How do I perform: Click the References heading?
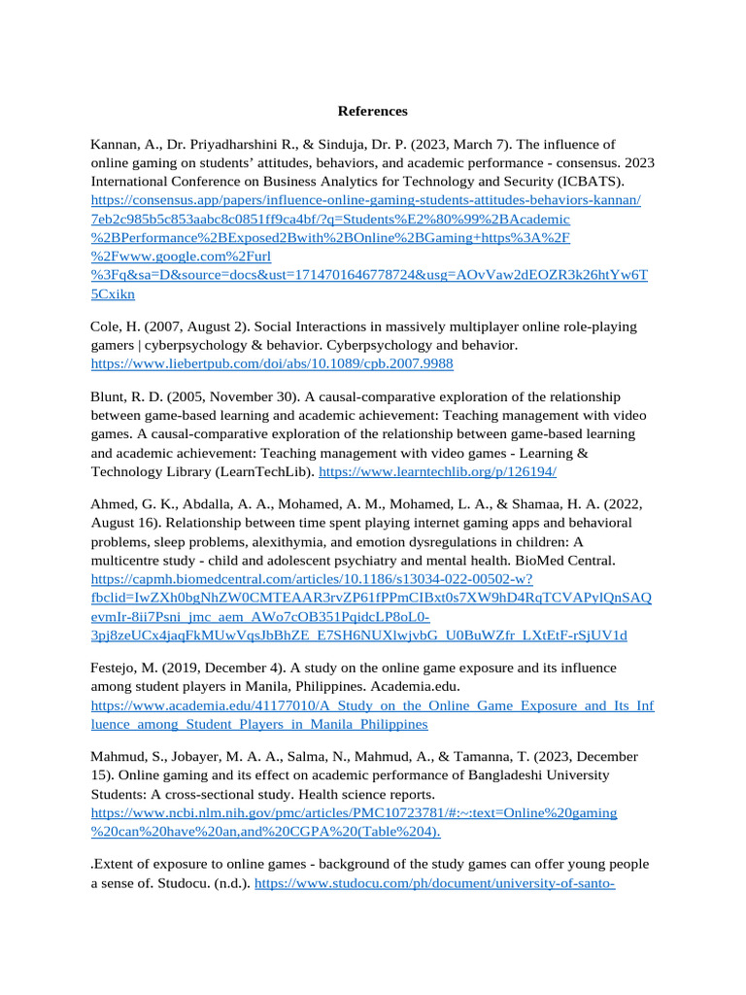click(372, 111)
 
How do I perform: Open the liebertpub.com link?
click(271, 363)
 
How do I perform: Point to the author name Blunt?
click(110, 397)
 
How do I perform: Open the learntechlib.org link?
click(437, 471)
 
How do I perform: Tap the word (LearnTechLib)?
click(267, 471)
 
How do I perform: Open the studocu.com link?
click(434, 883)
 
